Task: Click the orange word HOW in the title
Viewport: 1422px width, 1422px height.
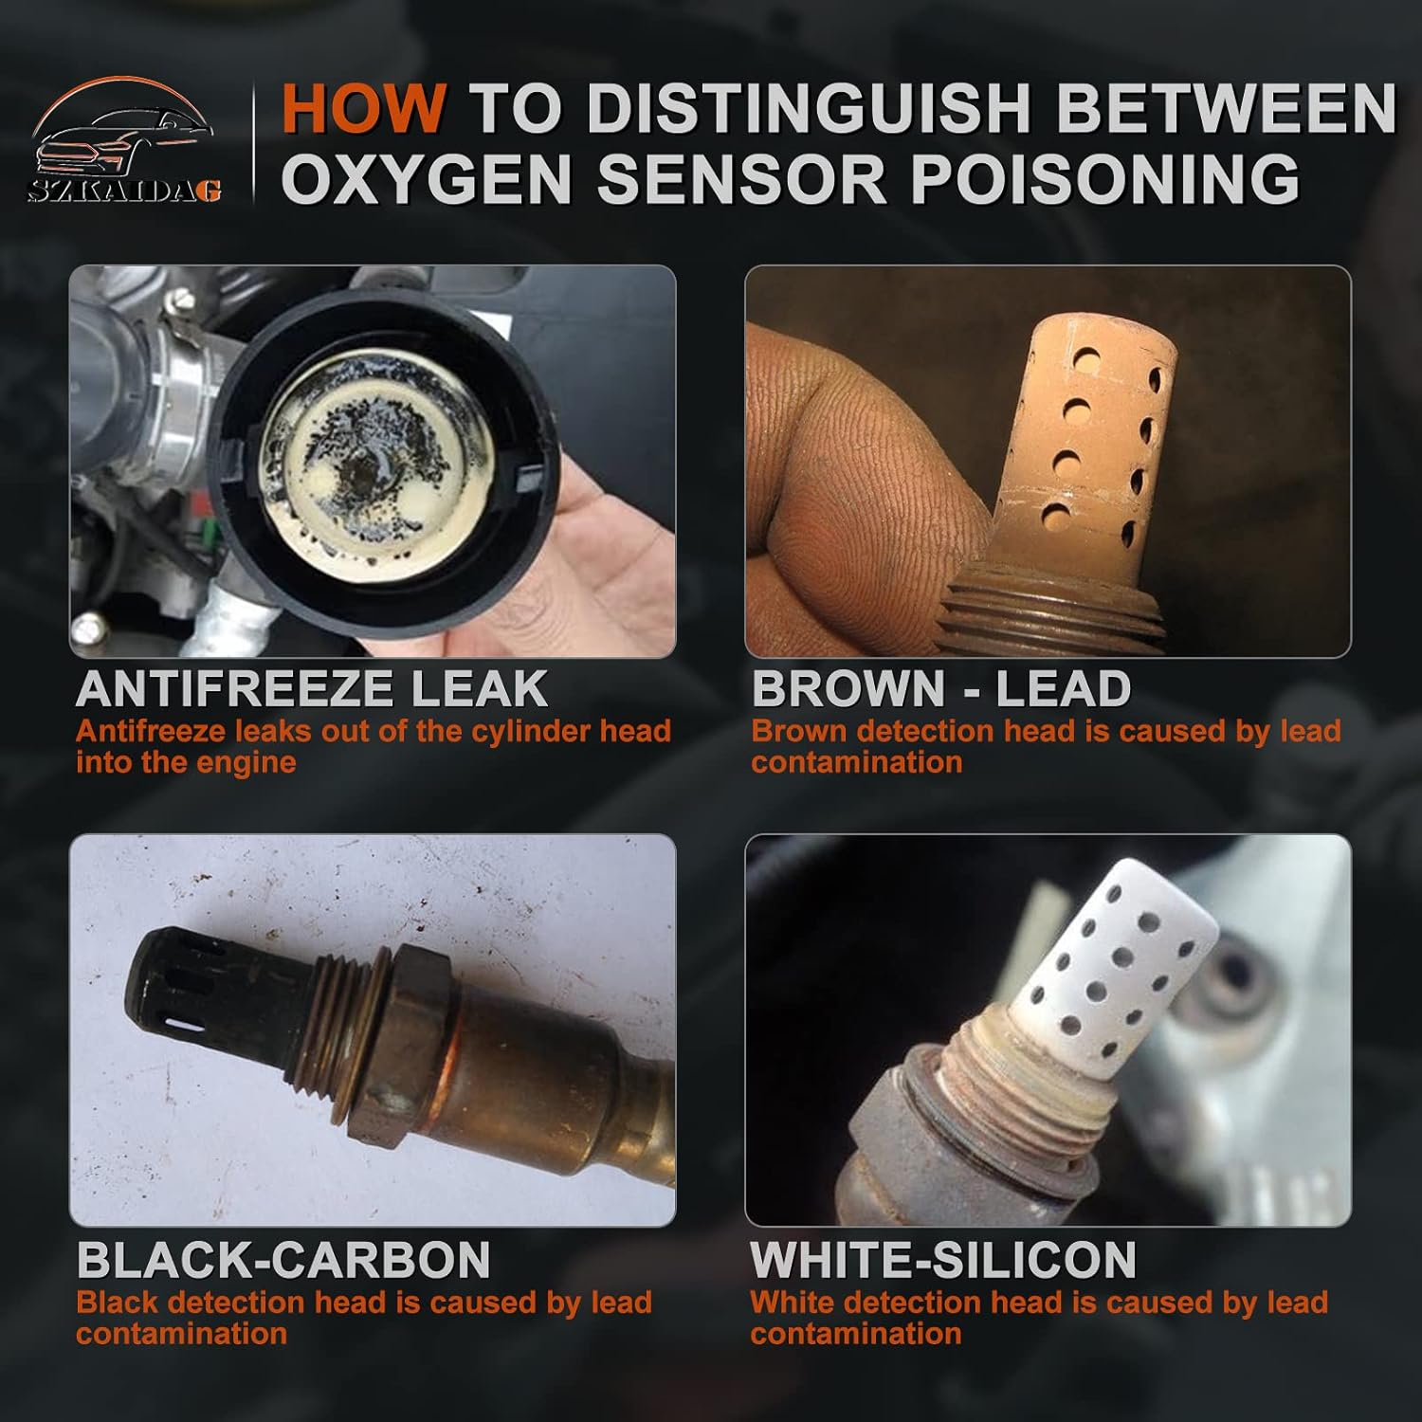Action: [x=363, y=109]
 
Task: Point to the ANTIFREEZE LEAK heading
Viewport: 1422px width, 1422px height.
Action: [x=312, y=688]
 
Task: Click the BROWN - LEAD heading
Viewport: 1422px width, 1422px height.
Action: [x=940, y=688]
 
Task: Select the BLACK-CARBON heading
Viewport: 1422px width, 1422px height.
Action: [x=283, y=1260]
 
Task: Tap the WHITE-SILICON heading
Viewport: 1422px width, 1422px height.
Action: [x=943, y=1260]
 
